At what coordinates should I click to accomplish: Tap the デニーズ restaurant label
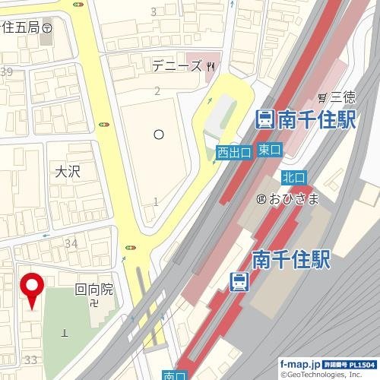177,66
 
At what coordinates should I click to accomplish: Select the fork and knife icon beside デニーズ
211,66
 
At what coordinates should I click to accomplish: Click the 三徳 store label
343,97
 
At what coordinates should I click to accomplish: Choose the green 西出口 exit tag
234,153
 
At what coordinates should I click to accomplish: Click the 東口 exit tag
268,149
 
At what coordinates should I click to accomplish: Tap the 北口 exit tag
293,176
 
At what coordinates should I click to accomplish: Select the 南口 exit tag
174,375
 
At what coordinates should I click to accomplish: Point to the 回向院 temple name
93,289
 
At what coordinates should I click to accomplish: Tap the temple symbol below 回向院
93,303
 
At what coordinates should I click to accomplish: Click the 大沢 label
67,172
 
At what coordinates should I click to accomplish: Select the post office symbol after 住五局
47,27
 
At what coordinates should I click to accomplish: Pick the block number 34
71,243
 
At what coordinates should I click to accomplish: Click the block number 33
31,359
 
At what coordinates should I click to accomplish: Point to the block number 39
7,72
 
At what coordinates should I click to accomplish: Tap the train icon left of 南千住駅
264,119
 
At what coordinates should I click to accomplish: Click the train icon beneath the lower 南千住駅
239,282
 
